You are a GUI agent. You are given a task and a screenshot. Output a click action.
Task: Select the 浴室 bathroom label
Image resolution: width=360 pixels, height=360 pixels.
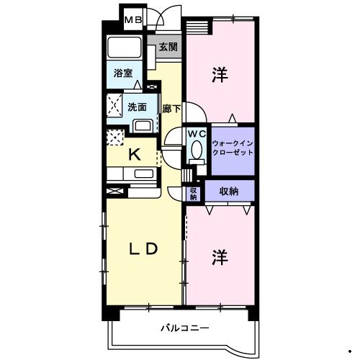tap(123, 73)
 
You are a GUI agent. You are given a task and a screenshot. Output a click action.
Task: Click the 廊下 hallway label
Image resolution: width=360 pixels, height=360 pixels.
tap(171, 109)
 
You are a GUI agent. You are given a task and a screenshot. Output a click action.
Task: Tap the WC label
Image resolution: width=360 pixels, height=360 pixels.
tap(197, 134)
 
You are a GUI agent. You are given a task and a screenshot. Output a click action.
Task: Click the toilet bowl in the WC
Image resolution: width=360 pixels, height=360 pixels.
tap(196, 150)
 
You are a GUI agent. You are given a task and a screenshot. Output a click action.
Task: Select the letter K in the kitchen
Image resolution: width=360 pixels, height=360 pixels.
tap(134, 153)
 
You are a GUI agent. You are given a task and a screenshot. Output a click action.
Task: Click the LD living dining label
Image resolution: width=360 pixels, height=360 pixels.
tap(143, 249)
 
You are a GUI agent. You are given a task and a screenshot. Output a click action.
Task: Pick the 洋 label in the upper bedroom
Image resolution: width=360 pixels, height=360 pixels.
tap(220, 76)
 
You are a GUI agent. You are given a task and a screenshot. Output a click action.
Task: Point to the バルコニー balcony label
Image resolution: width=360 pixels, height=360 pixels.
tap(185, 328)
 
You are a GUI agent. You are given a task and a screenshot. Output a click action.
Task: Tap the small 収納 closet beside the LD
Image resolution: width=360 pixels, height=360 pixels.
tap(193, 192)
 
